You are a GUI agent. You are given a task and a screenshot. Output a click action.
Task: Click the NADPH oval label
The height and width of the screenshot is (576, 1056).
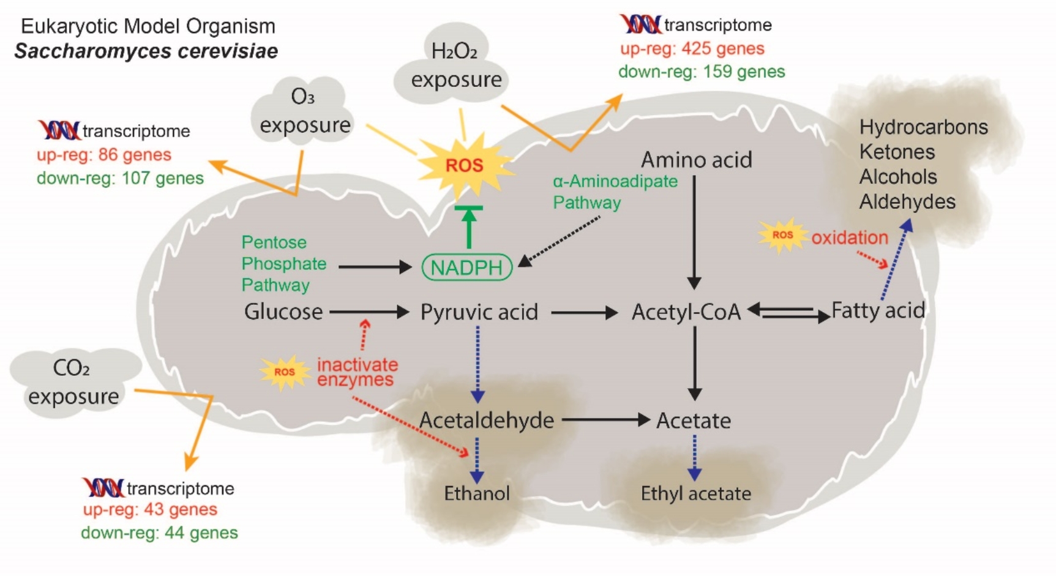[467, 267]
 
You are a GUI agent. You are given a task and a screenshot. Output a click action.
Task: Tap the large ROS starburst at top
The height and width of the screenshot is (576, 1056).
[465, 165]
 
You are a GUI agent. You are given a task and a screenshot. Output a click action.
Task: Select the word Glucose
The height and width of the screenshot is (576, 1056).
[283, 312]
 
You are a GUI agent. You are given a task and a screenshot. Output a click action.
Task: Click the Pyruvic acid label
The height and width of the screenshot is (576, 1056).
[479, 312]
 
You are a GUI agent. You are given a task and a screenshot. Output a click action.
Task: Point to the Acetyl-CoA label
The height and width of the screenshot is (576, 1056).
[686, 312]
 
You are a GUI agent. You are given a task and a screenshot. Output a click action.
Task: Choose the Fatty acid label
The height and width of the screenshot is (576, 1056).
[878, 311]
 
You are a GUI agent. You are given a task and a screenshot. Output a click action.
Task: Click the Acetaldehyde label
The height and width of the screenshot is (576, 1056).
[487, 421]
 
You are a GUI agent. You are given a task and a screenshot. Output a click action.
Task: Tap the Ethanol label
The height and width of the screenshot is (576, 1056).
[477, 493]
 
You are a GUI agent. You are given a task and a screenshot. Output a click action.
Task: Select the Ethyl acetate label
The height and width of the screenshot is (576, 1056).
[696, 493]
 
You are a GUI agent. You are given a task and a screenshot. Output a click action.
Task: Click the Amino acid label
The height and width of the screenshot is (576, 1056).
[697, 160]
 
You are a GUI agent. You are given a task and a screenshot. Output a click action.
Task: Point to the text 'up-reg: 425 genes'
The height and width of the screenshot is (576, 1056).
[692, 49]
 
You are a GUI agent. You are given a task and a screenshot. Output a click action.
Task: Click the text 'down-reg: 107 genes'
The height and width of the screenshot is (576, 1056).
[120, 179]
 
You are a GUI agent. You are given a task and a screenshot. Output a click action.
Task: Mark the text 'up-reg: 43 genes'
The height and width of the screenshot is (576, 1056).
[150, 510]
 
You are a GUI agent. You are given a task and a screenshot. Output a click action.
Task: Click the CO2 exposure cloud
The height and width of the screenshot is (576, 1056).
[73, 383]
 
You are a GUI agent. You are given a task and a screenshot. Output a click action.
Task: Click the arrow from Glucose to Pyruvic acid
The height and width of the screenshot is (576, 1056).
[369, 312]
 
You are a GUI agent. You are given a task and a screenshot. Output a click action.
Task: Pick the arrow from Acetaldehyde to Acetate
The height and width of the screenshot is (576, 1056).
[605, 420]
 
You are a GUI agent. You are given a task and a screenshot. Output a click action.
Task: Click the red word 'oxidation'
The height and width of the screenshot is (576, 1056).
[850, 238]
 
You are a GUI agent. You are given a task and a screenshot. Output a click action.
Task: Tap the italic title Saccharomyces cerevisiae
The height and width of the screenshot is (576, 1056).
[146, 51]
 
